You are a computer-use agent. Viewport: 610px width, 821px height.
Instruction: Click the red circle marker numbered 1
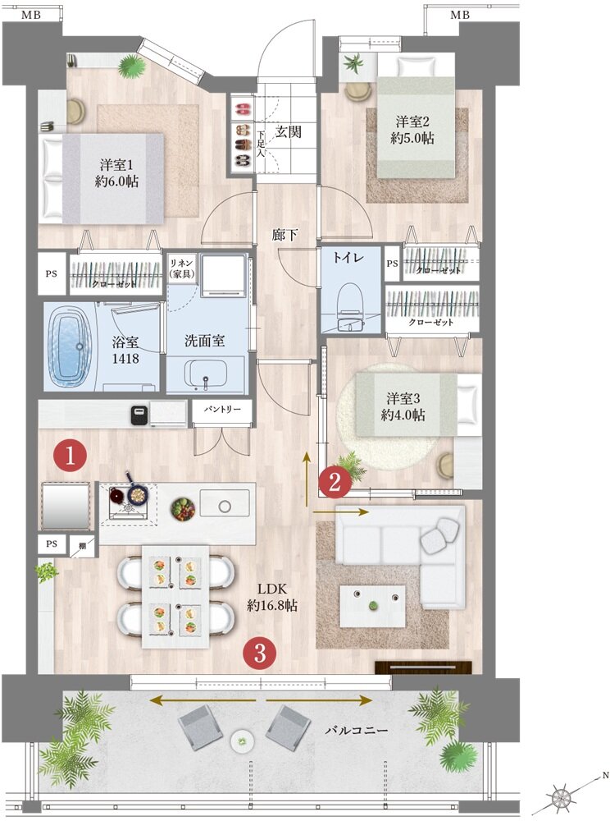point(70,456)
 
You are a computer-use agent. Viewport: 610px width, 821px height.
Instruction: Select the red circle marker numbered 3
point(260,653)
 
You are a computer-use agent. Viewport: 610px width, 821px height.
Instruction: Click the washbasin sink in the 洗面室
point(206,374)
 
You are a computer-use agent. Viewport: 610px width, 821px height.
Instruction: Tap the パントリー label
point(222,409)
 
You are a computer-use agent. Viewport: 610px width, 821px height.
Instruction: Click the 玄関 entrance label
point(288,131)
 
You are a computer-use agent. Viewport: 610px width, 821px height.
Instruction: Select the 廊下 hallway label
point(285,235)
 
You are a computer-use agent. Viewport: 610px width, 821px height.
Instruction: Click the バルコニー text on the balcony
point(357,730)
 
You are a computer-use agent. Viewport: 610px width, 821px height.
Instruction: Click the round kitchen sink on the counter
point(225,507)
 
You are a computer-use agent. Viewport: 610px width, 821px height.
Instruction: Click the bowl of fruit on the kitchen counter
point(183,509)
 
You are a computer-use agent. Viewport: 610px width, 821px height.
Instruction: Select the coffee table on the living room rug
point(372,605)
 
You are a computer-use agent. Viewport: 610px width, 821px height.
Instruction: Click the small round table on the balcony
point(242,741)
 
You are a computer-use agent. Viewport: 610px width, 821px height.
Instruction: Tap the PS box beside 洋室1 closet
point(51,273)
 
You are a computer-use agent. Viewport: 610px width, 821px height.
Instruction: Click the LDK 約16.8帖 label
point(272,597)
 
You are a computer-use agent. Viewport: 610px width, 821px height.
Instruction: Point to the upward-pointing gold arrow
point(307,479)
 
